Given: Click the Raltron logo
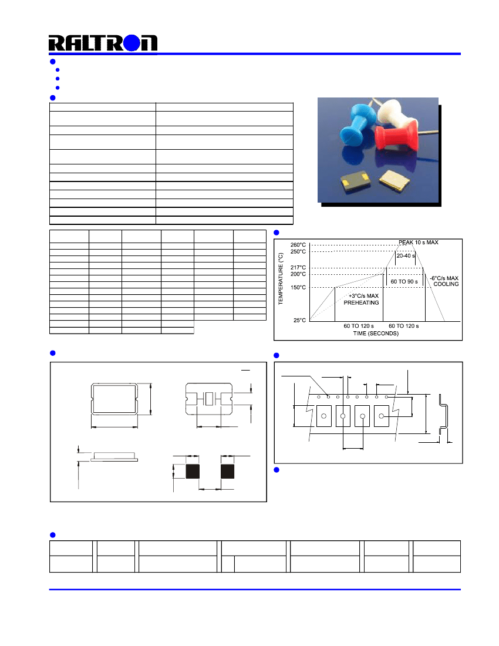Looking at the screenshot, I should [x=103, y=43].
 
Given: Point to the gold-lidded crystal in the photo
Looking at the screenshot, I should [x=394, y=179].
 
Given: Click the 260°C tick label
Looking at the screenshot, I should [x=298, y=245].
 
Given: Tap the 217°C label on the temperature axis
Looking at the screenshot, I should [x=298, y=268].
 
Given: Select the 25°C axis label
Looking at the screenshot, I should [x=299, y=321].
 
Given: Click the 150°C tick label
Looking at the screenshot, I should [x=298, y=288].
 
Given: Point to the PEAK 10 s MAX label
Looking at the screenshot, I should [x=419, y=242].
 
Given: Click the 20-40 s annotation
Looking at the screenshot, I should [x=404, y=256].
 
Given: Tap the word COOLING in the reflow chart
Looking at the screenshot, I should [x=446, y=284].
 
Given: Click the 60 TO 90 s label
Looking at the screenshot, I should [x=404, y=282].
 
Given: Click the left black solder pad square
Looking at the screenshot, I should [x=193, y=471].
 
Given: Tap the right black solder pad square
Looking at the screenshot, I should [x=227, y=471].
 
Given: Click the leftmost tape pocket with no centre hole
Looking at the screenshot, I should [x=324, y=416].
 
